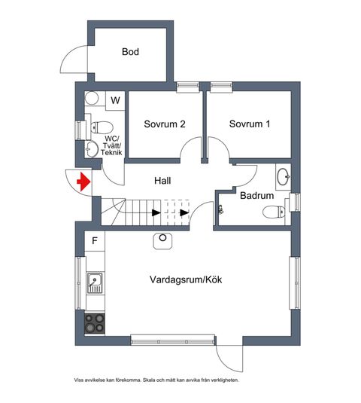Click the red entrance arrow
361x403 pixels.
pos(84,182)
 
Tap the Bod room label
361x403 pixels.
pos(130,52)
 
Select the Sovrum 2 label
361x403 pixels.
pos(165,124)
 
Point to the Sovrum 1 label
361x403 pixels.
pos(250,124)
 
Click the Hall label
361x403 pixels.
pos(162,181)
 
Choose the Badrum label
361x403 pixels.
pos(256,195)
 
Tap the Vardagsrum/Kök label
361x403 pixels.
pos(186,279)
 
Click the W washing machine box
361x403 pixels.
pos(116,101)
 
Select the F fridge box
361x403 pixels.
pos(95,241)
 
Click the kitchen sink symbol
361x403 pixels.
pos(95,282)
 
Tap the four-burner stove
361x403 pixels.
pos(95,323)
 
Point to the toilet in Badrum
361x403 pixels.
pos(274,212)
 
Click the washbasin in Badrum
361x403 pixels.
pos(284,176)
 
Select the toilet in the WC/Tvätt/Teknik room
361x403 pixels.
pos(102,127)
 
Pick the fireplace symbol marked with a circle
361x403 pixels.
pos(162,241)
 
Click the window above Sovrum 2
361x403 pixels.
pos(188,86)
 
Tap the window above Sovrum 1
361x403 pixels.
pos(221,86)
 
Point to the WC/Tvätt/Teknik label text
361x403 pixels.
pos(111,145)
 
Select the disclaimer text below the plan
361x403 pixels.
pos(156,380)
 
